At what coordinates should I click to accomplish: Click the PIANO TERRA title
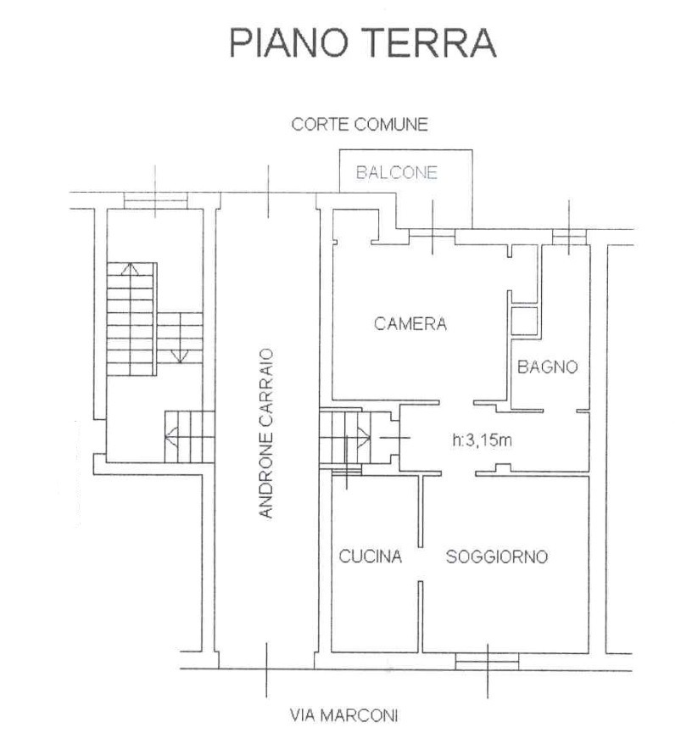pos(362,43)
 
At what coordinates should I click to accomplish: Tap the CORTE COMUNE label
pos(360,125)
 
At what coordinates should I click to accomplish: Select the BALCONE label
pos(397,172)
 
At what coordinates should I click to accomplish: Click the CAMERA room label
pos(410,324)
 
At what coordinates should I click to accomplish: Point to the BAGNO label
pos(548,367)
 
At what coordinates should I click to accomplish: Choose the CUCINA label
pos(370,557)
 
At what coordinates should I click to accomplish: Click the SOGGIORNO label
pos(497,557)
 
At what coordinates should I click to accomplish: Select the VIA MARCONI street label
pos(343,715)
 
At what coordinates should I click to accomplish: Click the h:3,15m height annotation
pos(482,440)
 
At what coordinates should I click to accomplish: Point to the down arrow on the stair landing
pos(179,355)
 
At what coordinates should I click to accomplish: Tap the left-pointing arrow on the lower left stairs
pos(171,436)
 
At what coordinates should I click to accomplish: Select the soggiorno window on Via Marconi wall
pos(487,662)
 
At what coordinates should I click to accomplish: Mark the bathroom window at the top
pos(569,237)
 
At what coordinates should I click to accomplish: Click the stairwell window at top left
pos(155,200)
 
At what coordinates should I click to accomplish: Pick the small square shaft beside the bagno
pos(525,321)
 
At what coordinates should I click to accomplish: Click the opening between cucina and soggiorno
pos(421,564)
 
